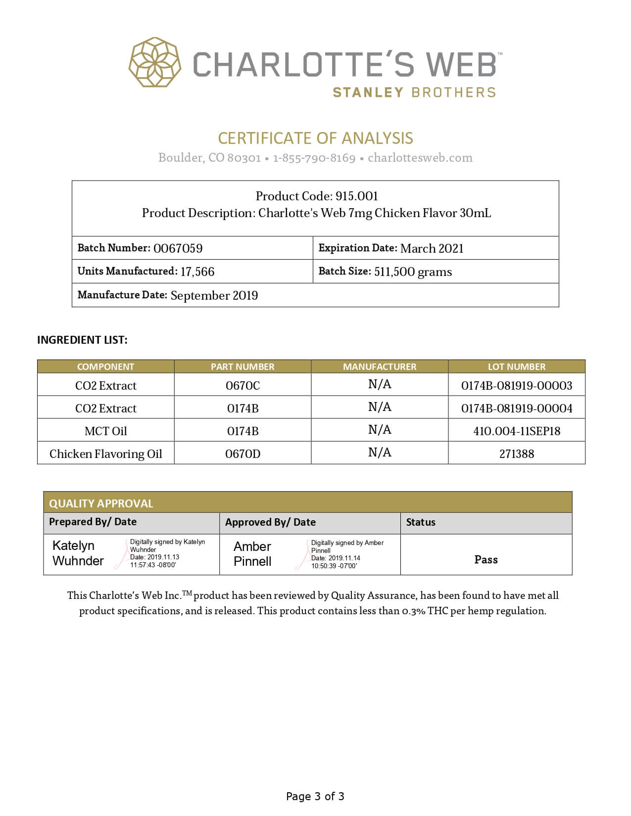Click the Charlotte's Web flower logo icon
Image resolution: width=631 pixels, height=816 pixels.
coord(155,62)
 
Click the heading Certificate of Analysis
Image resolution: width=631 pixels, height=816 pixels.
coord(315,138)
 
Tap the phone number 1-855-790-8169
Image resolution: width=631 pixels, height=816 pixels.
coord(314,158)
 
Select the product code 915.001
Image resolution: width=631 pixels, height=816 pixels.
coord(356,196)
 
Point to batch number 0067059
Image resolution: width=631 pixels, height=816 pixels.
coord(178,248)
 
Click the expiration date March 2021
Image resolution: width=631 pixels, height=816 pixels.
coord(432,248)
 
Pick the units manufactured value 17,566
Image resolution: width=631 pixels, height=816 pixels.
coord(197,272)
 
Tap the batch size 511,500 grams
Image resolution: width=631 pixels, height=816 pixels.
coord(413,272)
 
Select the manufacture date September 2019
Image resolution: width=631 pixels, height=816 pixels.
coord(214,295)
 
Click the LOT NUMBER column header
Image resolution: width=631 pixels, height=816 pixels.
coord(516,366)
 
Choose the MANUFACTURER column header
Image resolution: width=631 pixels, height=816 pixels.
coord(380,366)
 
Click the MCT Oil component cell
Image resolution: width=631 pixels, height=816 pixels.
coord(106,431)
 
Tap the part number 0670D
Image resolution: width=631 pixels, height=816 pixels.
coord(243,453)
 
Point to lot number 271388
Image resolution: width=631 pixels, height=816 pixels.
coord(517,453)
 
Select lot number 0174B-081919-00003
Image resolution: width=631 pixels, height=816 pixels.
coord(517,385)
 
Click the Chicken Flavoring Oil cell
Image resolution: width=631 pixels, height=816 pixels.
coord(106,453)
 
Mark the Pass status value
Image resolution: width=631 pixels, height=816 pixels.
coord(486,559)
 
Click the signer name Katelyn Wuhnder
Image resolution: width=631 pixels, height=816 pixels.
coord(78,553)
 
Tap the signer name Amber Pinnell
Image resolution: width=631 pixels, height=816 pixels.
coord(252,554)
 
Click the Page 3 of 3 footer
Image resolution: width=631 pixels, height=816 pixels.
coord(315,796)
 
